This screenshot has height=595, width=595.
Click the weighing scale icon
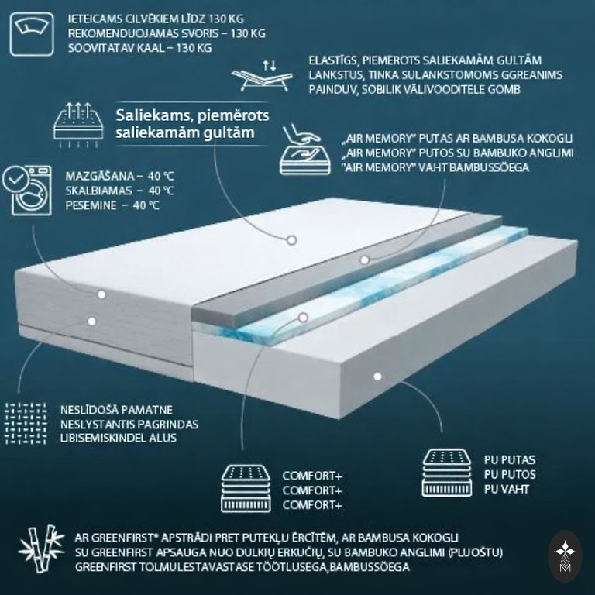point(32,34)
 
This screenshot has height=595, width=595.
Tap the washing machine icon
point(27,191)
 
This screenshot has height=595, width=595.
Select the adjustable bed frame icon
point(262,76)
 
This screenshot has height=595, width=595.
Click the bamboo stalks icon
point(41,549)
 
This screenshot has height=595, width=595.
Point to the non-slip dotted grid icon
point(26,424)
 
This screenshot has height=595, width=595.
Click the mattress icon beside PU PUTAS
point(447,473)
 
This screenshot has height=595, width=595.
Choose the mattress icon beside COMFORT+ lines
point(246,489)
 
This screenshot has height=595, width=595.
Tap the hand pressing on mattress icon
point(304,150)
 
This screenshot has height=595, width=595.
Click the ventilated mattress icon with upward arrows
point(78,125)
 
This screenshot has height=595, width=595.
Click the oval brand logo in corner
point(565,557)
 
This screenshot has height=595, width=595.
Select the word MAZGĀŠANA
point(100,176)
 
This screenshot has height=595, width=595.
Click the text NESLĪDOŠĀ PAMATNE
point(116,410)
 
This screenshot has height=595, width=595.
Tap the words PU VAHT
point(506,489)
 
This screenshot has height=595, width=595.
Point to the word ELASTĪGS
point(332,60)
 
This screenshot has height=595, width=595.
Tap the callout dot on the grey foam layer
point(365,260)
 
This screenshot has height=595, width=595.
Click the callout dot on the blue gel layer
point(303,317)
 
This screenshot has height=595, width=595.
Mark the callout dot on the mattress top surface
point(291,240)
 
